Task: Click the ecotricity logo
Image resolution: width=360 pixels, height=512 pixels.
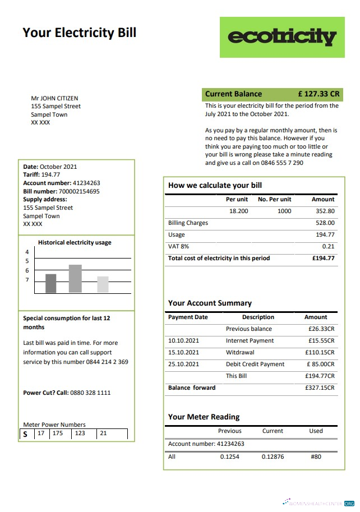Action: click(x=282, y=37)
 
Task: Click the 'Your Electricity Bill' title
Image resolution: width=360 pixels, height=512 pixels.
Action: click(x=79, y=33)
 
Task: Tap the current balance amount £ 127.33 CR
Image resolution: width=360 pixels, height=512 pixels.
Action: click(x=319, y=94)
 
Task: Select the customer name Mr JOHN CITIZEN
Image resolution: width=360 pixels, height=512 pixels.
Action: click(x=54, y=98)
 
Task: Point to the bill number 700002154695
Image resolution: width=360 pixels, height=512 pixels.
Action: click(x=79, y=191)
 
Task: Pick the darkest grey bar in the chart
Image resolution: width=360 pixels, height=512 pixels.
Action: click(x=51, y=283)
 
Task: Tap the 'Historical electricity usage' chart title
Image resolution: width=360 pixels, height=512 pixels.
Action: click(x=75, y=243)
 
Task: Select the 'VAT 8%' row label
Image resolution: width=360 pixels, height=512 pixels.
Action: click(x=178, y=246)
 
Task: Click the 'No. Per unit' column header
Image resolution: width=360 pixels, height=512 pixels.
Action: click(x=274, y=199)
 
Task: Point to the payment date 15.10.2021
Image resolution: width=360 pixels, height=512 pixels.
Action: click(x=183, y=353)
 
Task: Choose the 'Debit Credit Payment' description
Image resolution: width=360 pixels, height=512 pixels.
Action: click(x=255, y=365)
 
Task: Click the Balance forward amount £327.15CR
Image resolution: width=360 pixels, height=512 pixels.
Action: click(x=320, y=388)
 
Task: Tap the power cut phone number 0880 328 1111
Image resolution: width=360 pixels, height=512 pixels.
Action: click(x=90, y=393)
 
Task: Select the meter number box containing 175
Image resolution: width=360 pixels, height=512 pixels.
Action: click(x=57, y=433)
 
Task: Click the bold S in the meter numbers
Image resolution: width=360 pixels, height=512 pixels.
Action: click(x=25, y=434)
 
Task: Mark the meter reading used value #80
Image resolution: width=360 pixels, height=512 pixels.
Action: click(x=316, y=456)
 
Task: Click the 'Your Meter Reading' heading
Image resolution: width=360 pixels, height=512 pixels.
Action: click(x=204, y=417)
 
